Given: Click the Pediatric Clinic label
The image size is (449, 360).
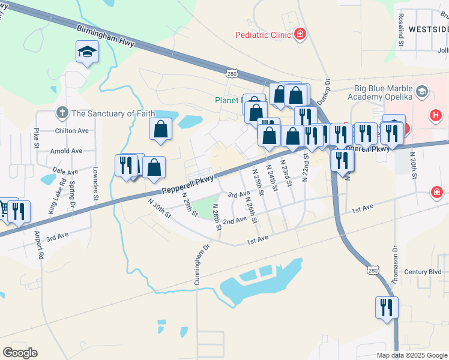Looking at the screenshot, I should pos(263,35).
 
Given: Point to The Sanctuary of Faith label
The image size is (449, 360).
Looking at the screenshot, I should pos(113,113).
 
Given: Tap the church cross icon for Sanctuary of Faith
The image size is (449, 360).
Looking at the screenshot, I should pos(62,113).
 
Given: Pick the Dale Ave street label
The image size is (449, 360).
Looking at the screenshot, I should pos(66,171).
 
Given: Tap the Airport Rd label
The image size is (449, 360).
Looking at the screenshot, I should pos(39,245).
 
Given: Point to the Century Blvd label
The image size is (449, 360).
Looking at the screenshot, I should pos(423,272).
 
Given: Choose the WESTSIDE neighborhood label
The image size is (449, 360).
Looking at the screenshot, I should pos(428,29).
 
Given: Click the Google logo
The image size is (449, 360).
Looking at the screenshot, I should pos(20,352).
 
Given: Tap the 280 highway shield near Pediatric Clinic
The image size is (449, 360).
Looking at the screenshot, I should pos(232,73).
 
